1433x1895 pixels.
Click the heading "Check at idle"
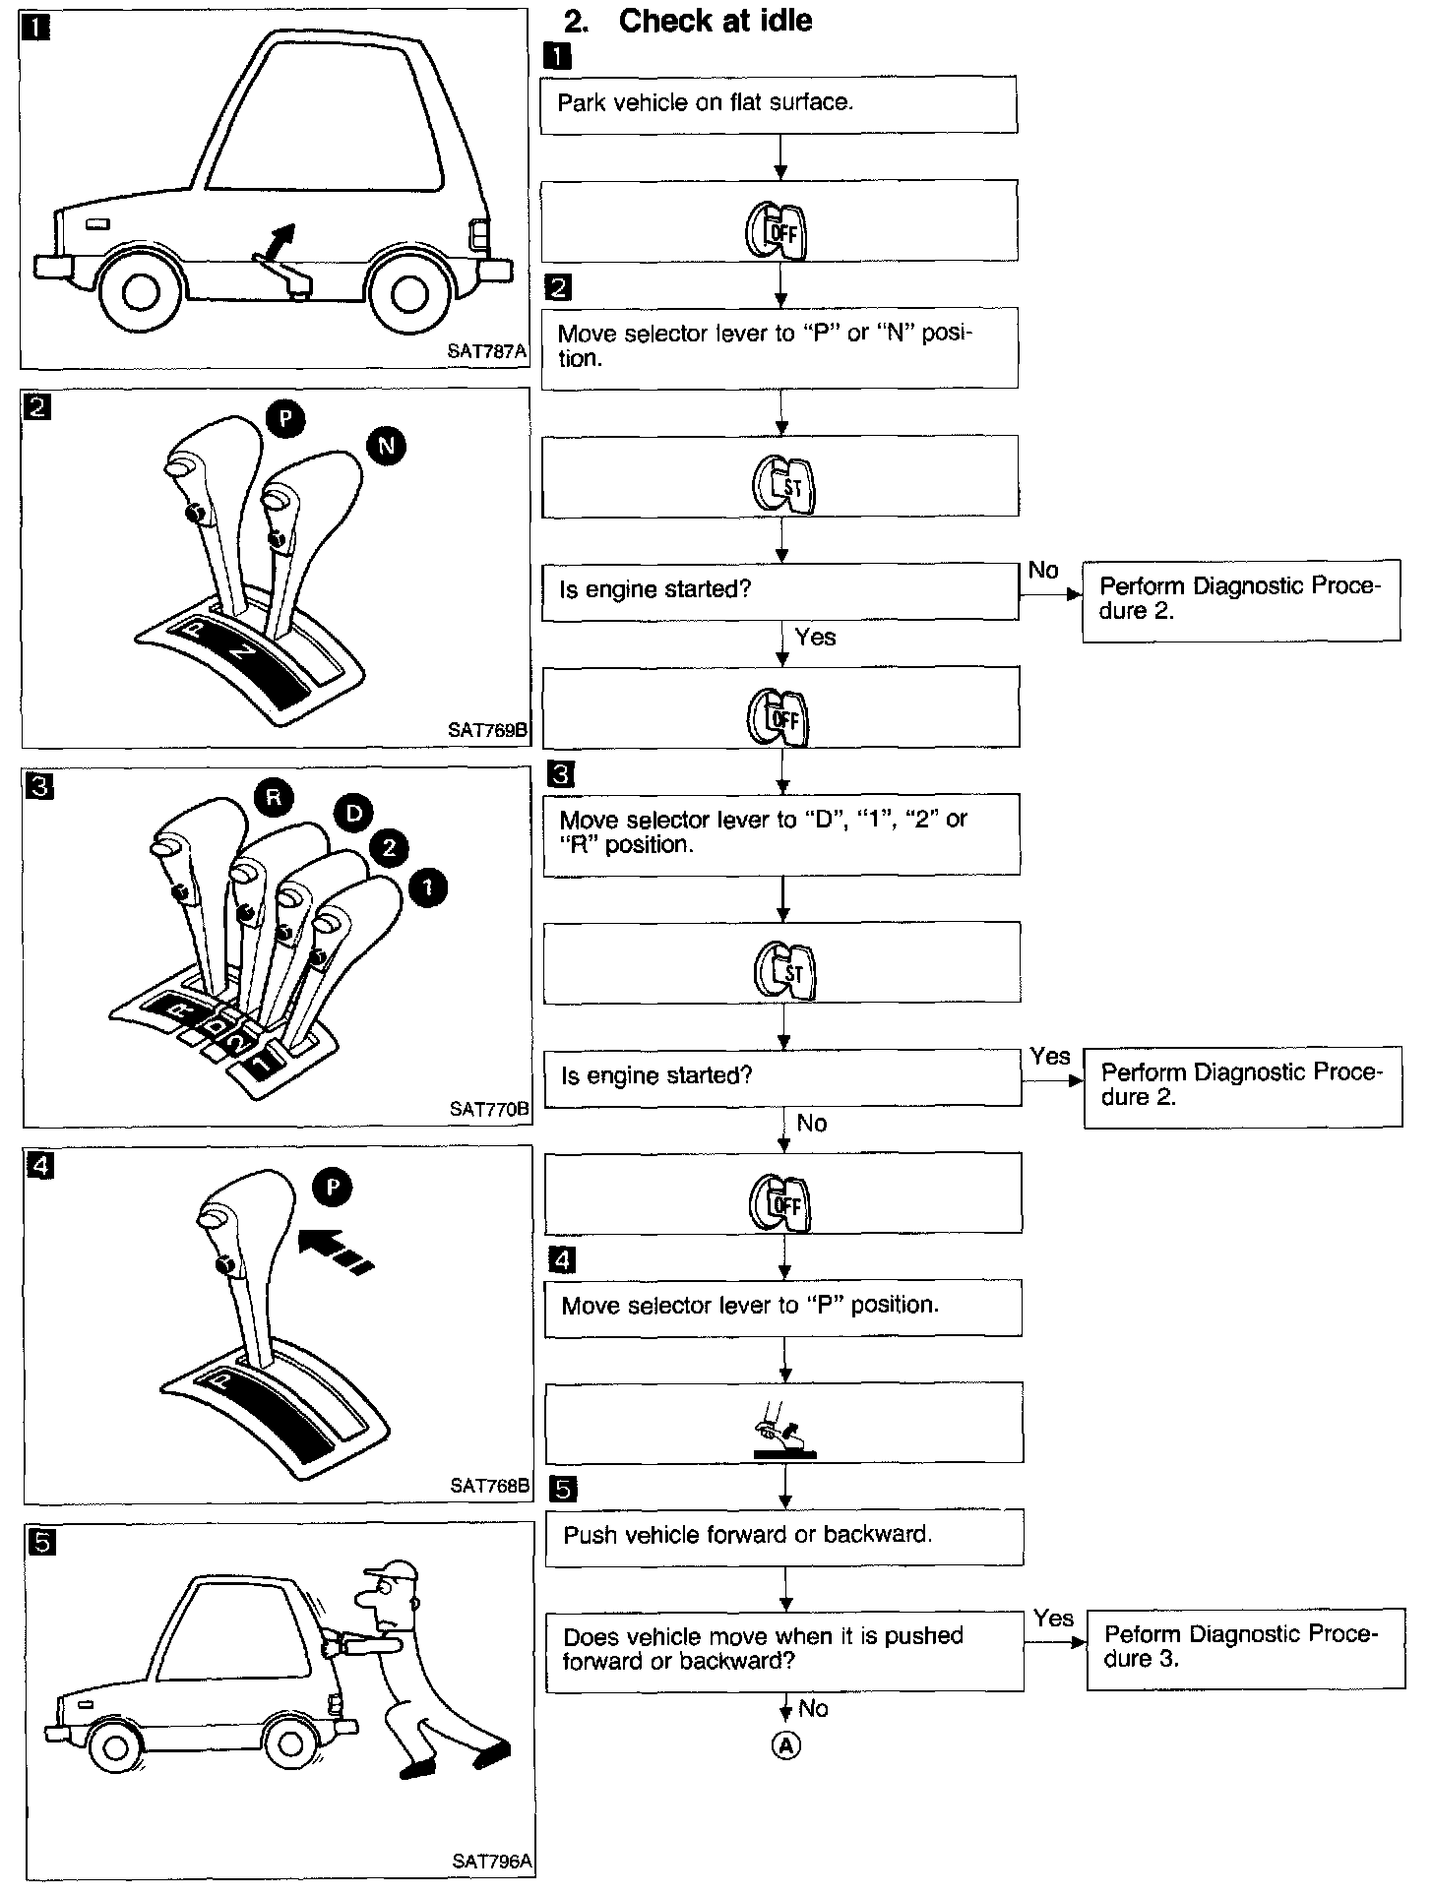(715, 21)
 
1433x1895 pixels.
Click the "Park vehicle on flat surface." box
(778, 104)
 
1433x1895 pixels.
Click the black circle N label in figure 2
(386, 447)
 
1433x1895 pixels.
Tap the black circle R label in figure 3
(274, 797)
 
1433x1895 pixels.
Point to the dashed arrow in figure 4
(335, 1248)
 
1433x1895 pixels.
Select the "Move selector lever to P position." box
(782, 1306)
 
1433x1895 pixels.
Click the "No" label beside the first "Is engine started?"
(1043, 570)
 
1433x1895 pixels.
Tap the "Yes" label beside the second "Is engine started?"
(1050, 1056)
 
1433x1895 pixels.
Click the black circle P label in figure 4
(333, 1189)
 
